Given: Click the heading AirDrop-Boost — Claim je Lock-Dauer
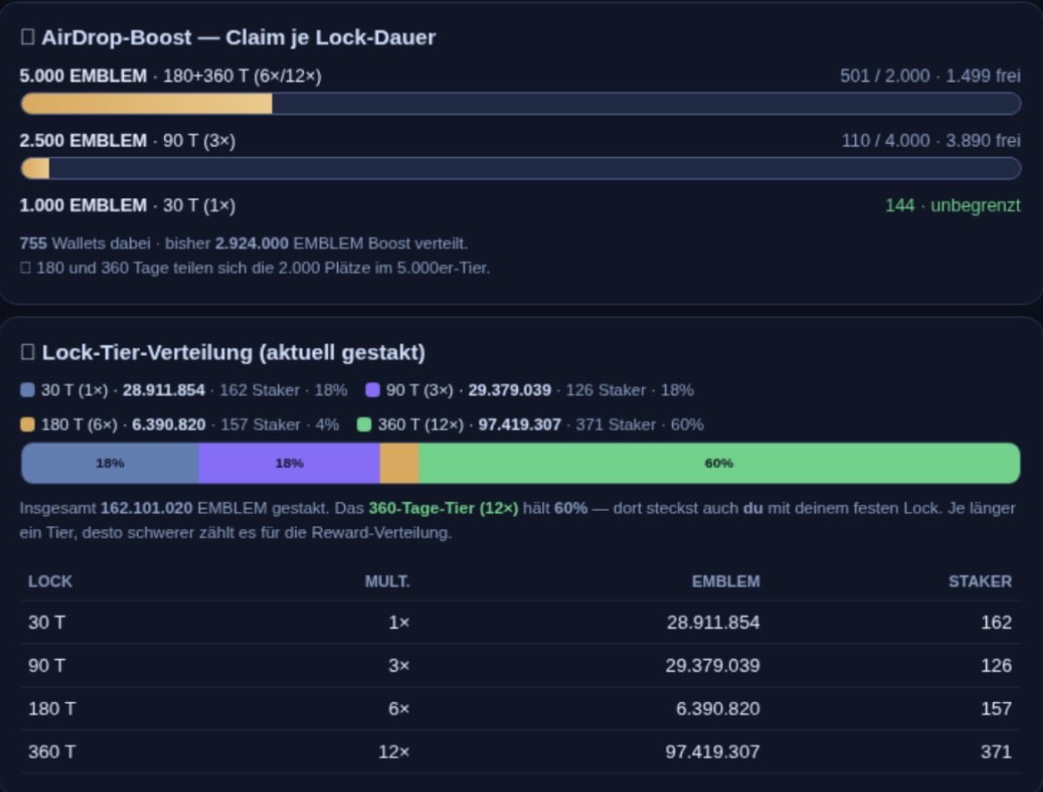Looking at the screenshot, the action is tap(238, 37).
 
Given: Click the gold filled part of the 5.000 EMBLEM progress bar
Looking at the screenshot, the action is tap(146, 103).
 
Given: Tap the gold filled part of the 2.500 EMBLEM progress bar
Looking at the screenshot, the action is tap(36, 169).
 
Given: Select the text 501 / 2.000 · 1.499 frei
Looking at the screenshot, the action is tap(930, 76).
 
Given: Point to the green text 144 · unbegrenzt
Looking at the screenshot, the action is tap(953, 206).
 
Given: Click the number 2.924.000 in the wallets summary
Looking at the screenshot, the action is tap(251, 243).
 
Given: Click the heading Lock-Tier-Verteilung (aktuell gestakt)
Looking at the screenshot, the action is tap(234, 352).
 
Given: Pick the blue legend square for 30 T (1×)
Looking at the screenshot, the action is tap(28, 390).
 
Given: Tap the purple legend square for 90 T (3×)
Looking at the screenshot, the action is tap(373, 390).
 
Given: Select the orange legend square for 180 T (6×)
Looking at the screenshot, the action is tap(28, 425).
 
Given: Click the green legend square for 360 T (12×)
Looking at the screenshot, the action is tap(364, 425).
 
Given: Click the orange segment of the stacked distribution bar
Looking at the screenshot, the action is tap(399, 463).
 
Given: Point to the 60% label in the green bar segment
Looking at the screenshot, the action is tap(719, 463).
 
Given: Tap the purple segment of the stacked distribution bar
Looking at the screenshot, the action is tap(289, 463).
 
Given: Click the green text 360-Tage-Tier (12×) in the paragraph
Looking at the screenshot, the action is tap(443, 508).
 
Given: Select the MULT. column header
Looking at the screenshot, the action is tap(387, 582).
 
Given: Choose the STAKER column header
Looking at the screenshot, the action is tap(980, 582).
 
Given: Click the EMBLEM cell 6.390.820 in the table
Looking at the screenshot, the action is tap(718, 709).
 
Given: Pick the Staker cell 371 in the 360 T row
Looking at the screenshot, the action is tap(996, 752).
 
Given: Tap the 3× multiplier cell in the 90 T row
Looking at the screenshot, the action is tap(399, 665).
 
